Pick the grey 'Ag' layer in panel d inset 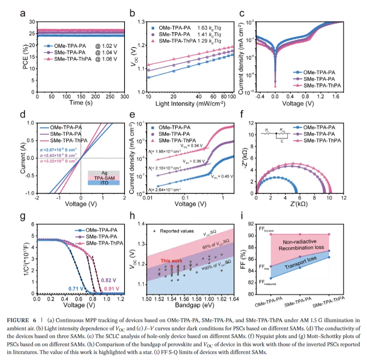pos(98,173)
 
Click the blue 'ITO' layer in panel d pos(98,182)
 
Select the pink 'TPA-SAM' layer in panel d pos(98,178)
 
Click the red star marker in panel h pos(172,266)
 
